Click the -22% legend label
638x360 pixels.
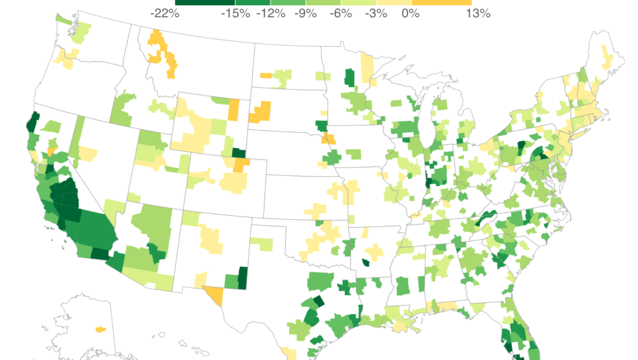coord(165,13)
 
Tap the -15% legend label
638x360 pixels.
coord(235,13)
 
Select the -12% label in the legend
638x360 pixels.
coord(270,13)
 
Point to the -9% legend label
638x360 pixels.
coord(306,13)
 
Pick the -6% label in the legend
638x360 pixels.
coord(341,13)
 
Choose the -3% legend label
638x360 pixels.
coord(376,13)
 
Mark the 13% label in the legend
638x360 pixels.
coord(478,13)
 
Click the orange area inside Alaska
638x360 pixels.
coord(100,329)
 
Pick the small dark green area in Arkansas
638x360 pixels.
coord(365,262)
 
